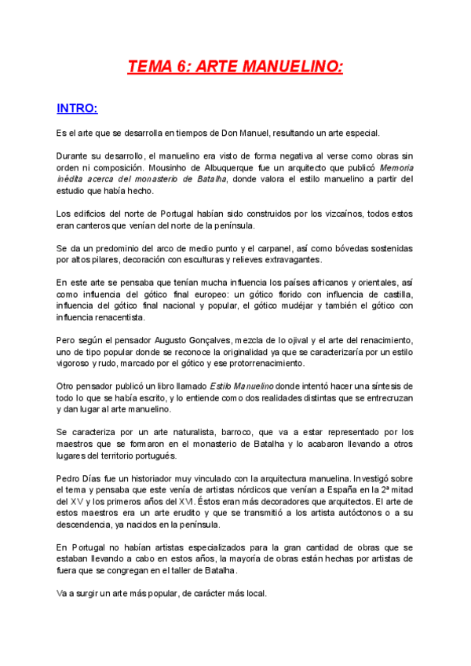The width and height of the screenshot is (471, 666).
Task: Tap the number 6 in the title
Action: pyautogui.click(x=187, y=67)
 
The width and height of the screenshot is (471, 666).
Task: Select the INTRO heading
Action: pyautogui.click(x=77, y=108)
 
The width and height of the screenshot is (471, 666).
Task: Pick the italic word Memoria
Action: pyautogui.click(x=397, y=168)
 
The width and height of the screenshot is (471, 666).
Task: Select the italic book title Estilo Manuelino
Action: pyautogui.click(x=243, y=386)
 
